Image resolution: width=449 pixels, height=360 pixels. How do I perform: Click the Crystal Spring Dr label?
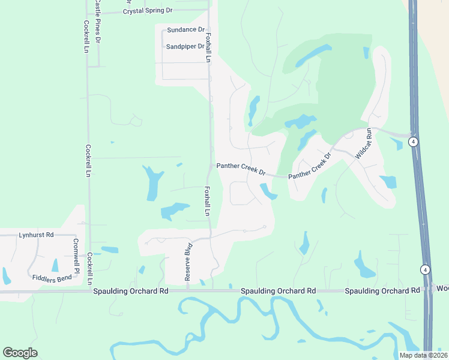pyautogui.click(x=148, y=11)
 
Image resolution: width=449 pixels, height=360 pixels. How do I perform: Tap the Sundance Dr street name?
pyautogui.click(x=186, y=29)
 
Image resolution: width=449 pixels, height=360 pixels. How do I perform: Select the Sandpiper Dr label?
pyautogui.click(x=185, y=46)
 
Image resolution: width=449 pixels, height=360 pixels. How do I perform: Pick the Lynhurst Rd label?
pyautogui.click(x=36, y=235)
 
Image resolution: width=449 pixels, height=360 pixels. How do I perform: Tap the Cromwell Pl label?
pyautogui.click(x=76, y=256)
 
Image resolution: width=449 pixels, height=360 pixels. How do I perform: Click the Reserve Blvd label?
pyautogui.click(x=188, y=263)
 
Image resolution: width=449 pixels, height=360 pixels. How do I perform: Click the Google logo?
pyautogui.click(x=20, y=353)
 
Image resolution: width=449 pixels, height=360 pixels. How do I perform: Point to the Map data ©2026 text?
pyautogui.click(x=423, y=355)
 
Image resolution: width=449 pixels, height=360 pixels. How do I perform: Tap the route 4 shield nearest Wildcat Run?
pyautogui.click(x=413, y=142)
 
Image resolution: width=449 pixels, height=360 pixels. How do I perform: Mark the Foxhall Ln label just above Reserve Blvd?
pyautogui.click(x=206, y=201)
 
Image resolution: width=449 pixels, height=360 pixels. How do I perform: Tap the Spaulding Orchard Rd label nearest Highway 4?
pyautogui.click(x=382, y=291)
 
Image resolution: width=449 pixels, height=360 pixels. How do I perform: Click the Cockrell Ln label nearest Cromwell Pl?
pyautogui.click(x=90, y=268)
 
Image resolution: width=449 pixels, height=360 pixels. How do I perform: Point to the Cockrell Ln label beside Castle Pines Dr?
pyautogui.click(x=86, y=37)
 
